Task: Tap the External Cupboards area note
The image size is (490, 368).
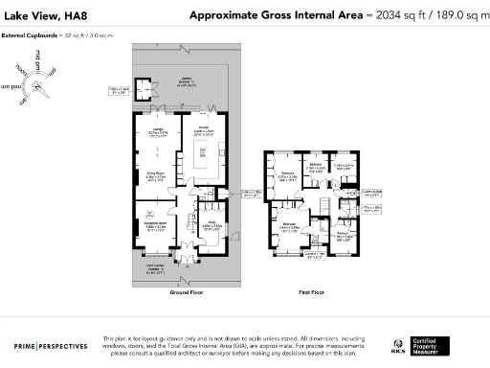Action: (x=44, y=35)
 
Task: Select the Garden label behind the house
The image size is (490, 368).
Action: (x=188, y=82)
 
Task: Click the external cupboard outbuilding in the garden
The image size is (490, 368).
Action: (x=145, y=92)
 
